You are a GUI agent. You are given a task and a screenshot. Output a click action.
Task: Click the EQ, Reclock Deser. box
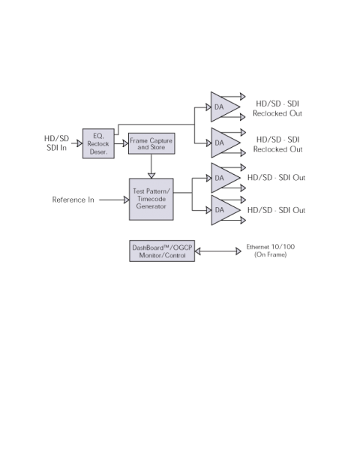click(x=98, y=143)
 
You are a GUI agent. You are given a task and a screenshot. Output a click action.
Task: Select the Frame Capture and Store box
click(x=151, y=143)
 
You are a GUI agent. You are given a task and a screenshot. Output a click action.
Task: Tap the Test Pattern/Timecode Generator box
click(x=151, y=199)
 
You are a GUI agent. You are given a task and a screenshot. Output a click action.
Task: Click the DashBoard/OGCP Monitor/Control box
click(x=162, y=251)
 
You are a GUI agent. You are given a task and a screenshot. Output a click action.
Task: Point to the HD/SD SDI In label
click(x=56, y=143)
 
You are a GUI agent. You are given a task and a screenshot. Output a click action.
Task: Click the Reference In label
click(x=73, y=200)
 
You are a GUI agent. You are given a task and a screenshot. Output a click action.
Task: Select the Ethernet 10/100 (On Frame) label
click(x=270, y=251)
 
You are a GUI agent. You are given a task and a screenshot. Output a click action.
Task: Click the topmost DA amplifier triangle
click(x=225, y=107)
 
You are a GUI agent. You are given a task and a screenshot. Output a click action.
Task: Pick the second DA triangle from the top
click(x=225, y=143)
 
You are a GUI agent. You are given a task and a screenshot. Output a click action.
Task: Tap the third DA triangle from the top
click(x=225, y=178)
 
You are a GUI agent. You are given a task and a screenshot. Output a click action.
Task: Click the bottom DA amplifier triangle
click(x=225, y=210)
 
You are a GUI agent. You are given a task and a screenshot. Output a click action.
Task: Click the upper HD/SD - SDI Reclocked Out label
click(x=277, y=109)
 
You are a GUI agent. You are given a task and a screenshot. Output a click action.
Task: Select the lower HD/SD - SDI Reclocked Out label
click(x=277, y=144)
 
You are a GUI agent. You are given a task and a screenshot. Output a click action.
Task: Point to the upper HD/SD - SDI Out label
click(x=276, y=178)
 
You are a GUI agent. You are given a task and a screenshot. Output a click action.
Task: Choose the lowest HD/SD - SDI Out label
click(x=276, y=210)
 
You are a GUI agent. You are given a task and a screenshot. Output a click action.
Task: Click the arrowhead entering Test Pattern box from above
click(x=151, y=176)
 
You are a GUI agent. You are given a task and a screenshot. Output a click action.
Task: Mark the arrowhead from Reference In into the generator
click(x=127, y=200)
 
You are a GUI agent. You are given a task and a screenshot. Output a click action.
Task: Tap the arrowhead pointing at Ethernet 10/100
click(x=238, y=251)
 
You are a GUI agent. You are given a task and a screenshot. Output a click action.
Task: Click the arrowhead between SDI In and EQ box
click(x=79, y=143)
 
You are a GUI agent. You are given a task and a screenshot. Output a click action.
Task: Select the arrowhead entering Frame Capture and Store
click(x=126, y=143)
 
